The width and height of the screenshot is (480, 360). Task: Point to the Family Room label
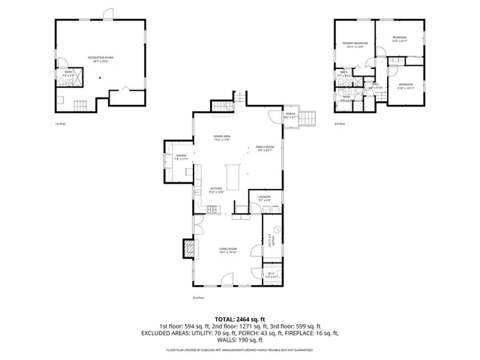(x=265, y=148)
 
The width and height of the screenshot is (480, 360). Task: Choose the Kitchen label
(x=216, y=189)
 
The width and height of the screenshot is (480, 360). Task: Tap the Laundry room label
(x=268, y=199)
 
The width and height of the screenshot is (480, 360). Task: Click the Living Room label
(x=228, y=250)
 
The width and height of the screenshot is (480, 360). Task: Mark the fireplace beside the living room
(x=190, y=248)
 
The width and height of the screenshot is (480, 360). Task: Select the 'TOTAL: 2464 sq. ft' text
(x=239, y=319)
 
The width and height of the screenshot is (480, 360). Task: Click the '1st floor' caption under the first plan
(x=60, y=124)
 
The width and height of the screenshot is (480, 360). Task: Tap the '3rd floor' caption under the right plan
(x=339, y=124)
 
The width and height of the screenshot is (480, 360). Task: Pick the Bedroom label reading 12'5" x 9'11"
(x=399, y=39)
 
